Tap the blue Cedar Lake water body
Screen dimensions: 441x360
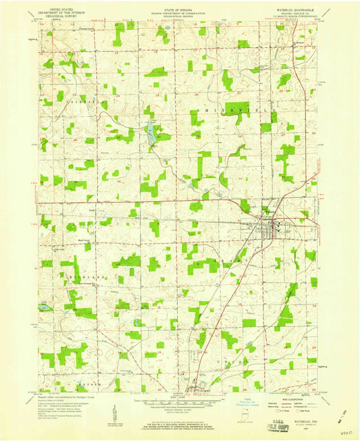point(151,134)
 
